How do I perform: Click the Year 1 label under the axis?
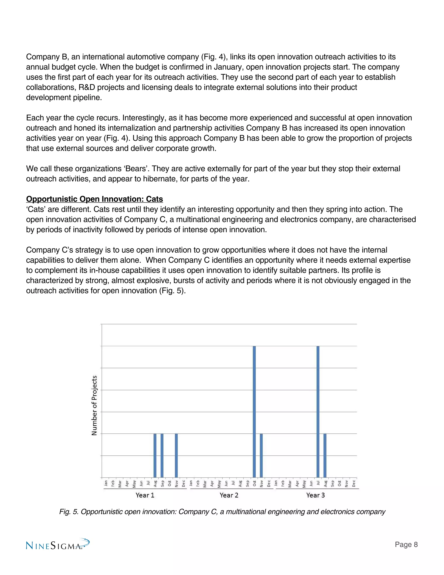point(145,495)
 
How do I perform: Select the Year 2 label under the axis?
point(229,495)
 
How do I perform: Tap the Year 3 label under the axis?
point(315,495)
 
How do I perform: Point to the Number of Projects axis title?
point(94,406)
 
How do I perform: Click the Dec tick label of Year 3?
point(354,483)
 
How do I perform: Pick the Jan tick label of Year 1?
point(106,483)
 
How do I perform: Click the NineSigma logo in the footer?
point(58,545)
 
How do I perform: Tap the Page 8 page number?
point(406,544)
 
